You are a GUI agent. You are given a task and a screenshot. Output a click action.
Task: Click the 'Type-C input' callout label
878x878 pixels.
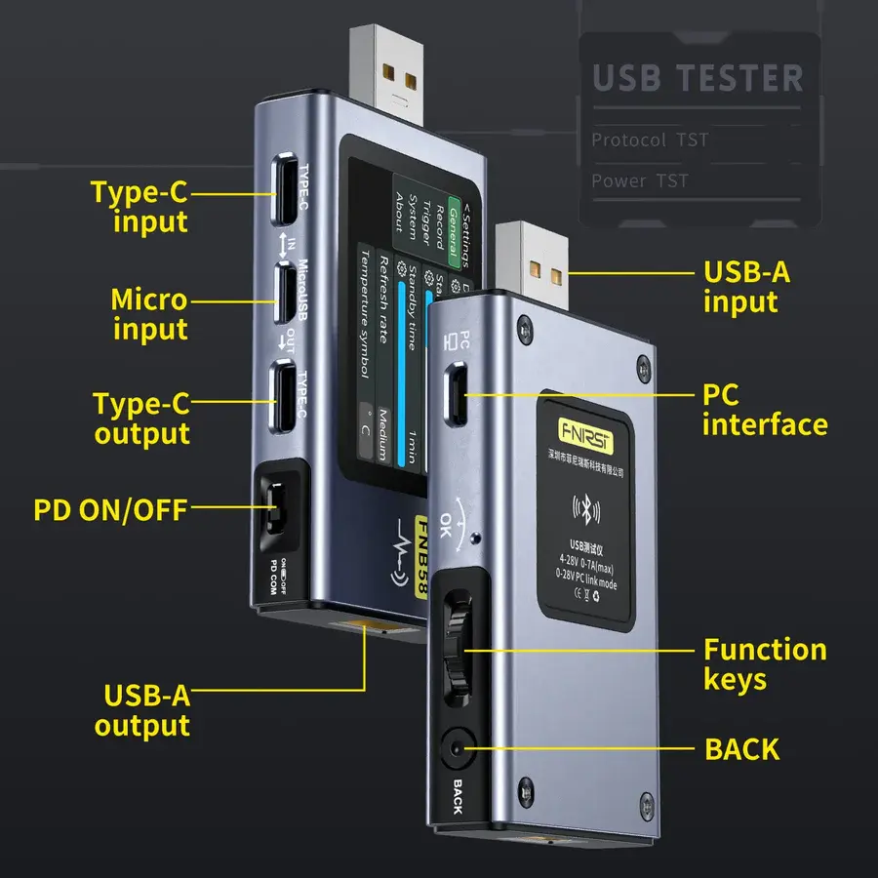click(x=139, y=206)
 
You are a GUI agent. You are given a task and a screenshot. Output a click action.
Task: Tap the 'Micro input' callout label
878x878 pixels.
click(x=148, y=314)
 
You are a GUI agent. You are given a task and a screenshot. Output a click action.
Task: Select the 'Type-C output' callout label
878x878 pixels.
click(x=142, y=419)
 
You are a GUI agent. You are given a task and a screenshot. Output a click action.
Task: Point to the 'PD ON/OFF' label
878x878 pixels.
click(x=109, y=509)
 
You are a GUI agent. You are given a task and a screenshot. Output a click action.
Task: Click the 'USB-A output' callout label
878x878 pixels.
click(x=148, y=711)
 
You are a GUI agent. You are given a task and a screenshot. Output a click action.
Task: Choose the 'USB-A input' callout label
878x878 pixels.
click(x=747, y=286)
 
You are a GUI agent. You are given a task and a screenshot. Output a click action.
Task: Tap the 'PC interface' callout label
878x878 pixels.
click(x=764, y=410)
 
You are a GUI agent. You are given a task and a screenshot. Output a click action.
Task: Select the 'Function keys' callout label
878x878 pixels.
click(x=765, y=664)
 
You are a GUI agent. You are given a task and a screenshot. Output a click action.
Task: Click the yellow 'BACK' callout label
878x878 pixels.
click(x=741, y=749)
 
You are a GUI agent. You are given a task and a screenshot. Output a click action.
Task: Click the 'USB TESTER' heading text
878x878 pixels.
click(x=698, y=78)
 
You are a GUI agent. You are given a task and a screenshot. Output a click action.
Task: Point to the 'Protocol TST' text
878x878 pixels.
click(x=649, y=140)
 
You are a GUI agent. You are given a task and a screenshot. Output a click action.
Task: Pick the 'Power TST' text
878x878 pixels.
click(x=639, y=181)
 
